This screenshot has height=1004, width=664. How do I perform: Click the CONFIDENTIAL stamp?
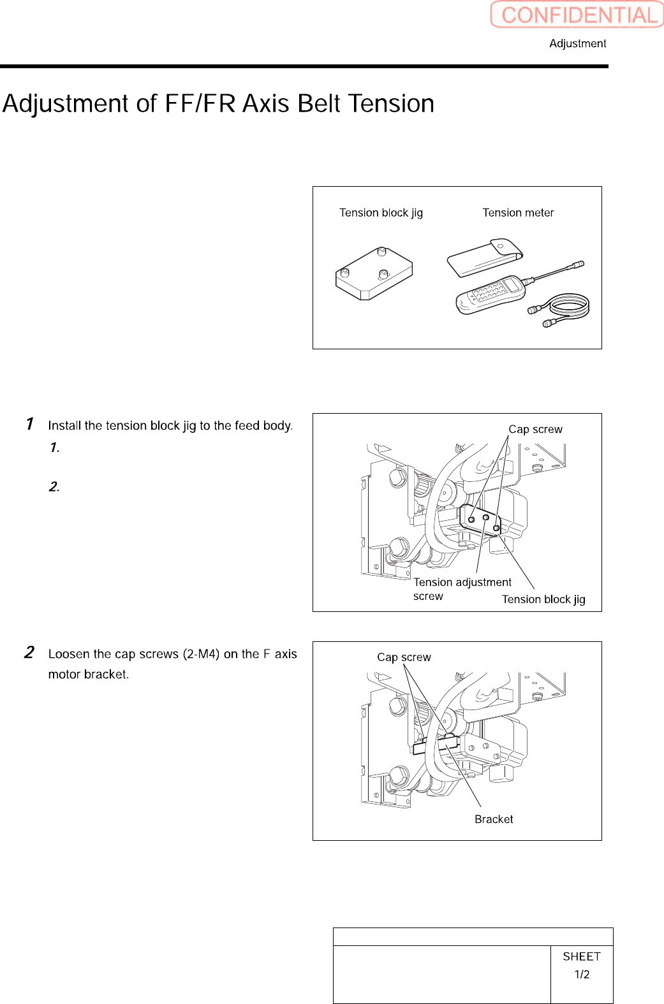coord(577,15)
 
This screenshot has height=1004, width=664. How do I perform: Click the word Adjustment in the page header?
coord(577,43)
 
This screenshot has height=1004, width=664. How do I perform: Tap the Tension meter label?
coord(518,213)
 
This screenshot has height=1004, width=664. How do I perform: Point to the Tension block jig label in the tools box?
coord(381,213)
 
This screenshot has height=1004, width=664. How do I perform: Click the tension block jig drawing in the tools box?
coord(374,273)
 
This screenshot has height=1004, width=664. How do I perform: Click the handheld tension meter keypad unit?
coord(490,294)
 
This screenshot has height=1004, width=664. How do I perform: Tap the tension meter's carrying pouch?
coord(484,258)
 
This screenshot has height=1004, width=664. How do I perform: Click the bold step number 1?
coord(29,424)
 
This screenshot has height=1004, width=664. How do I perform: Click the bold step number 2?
coord(29,653)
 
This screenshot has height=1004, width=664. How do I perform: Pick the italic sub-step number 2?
coord(54,487)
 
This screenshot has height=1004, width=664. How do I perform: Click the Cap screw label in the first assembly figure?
coord(535,430)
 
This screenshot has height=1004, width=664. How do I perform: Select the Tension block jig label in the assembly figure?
coord(543,599)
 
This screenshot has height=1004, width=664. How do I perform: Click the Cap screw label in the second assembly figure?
coord(404,657)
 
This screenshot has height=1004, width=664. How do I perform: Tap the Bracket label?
coord(494,819)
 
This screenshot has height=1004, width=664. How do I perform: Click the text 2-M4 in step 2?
coord(202,654)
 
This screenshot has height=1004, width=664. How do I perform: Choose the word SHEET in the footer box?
coord(582,956)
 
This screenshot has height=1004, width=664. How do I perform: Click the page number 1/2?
coord(582,974)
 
